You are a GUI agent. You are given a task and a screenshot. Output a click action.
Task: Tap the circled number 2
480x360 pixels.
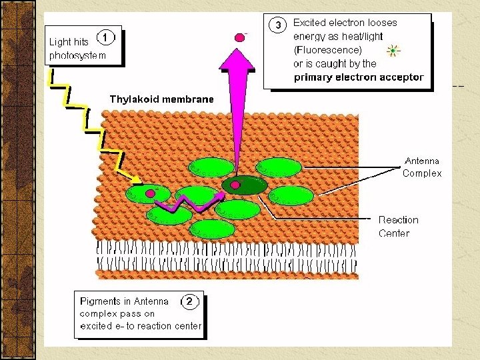tap(189, 301)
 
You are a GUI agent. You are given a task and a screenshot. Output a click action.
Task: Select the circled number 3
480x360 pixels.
tap(278, 25)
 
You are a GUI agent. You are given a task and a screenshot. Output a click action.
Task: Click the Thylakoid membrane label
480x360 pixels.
tap(162, 99)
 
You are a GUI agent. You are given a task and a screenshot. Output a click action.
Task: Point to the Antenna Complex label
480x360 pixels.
tap(422, 167)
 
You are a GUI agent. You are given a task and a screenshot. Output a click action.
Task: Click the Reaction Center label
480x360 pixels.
tap(399, 226)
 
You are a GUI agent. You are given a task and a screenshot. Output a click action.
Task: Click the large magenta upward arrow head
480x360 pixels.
tap(237, 57)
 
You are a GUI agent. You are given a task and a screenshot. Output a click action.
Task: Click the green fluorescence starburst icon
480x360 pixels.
tap(393, 50)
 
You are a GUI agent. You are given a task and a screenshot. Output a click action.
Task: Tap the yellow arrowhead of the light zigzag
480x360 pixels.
tap(137, 179)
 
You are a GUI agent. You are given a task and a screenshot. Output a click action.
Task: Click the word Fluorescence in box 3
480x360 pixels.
tap(329, 50)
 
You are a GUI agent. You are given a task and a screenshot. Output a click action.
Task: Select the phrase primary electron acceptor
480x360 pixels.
tap(359, 77)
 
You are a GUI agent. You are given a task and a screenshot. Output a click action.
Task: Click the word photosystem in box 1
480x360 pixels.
tap(77, 55)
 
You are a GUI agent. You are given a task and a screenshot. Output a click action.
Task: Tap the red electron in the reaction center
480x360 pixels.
tap(235, 184)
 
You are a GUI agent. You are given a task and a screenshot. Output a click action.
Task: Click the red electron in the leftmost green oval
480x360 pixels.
tap(151, 193)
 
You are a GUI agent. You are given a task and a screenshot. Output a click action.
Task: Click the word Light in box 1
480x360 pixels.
tap(60, 41)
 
